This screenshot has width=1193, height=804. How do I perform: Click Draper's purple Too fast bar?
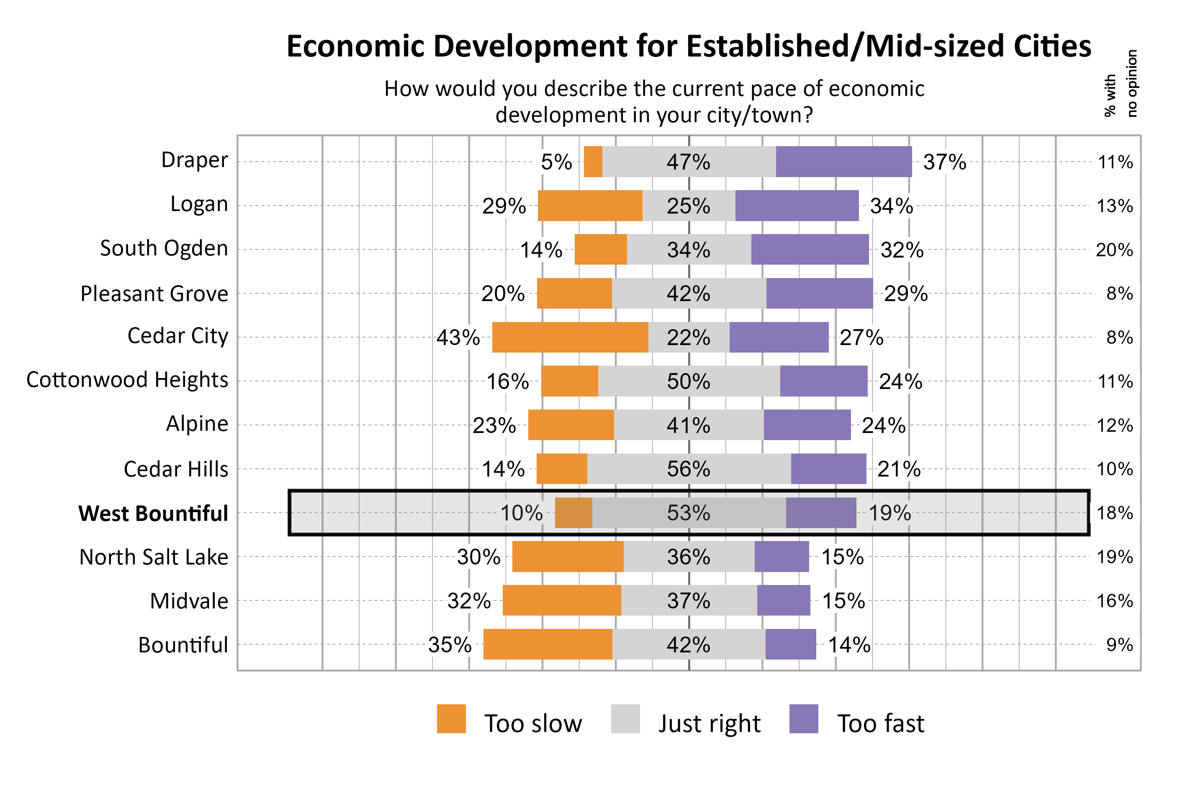[x=843, y=162]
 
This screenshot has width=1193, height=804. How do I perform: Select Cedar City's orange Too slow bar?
[x=570, y=338]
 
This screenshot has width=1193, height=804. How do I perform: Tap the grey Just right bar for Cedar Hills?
[x=689, y=469]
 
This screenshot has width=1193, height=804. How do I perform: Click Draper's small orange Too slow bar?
[x=593, y=162]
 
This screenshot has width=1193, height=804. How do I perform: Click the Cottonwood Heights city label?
[x=127, y=380]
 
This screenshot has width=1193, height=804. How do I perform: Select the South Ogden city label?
[x=164, y=248]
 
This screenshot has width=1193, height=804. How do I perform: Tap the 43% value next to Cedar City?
[x=458, y=338]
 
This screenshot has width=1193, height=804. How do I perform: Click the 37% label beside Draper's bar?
[x=944, y=162]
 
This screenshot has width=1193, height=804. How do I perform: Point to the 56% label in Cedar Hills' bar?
[x=688, y=469]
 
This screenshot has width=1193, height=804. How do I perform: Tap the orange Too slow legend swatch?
[x=451, y=719]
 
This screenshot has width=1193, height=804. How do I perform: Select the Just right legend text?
[x=709, y=724]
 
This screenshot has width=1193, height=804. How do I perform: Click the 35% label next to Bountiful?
[x=450, y=644]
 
